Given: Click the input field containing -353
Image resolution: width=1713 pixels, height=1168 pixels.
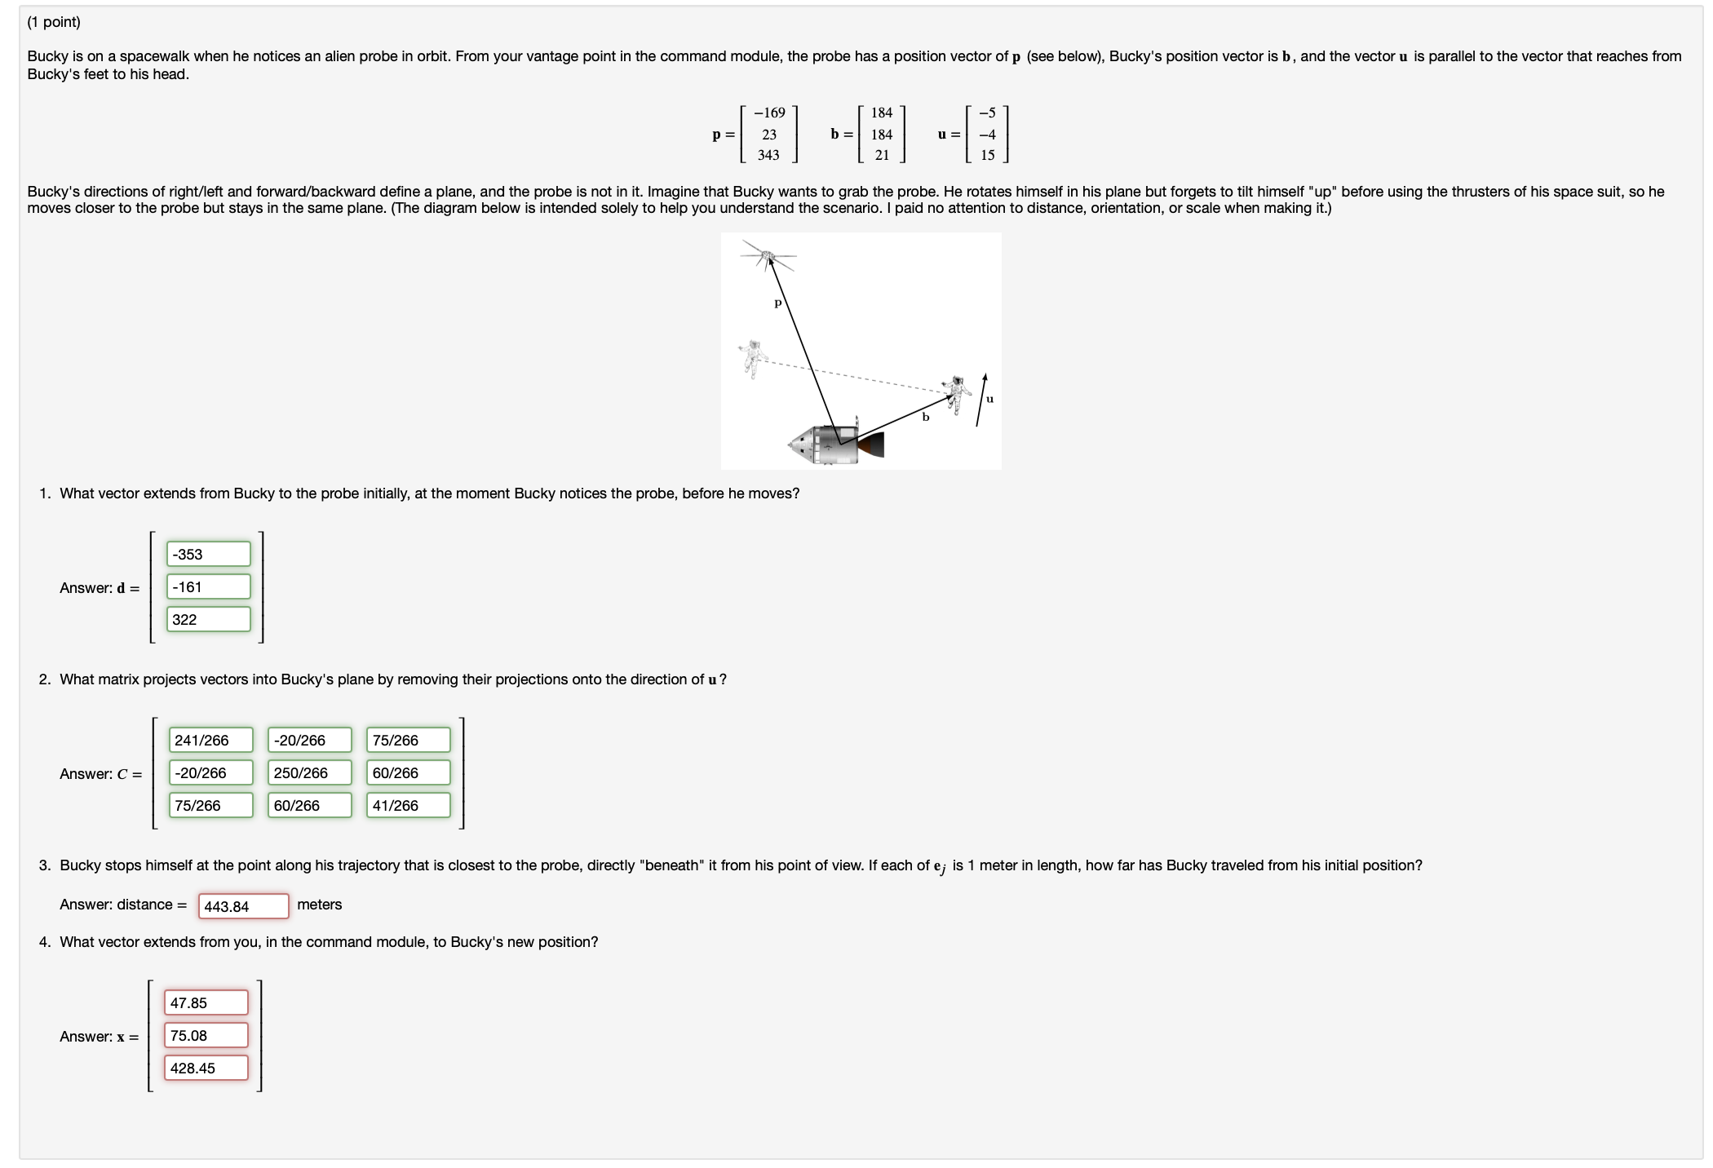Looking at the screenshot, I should click(x=208, y=554).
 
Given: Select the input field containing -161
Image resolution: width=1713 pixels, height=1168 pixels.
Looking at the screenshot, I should click(x=208, y=586).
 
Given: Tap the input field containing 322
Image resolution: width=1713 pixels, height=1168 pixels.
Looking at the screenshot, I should click(x=208, y=619).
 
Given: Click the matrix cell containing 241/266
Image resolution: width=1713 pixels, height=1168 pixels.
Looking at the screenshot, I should click(x=210, y=740).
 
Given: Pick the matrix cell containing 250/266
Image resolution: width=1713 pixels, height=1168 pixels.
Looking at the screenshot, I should click(x=309, y=772).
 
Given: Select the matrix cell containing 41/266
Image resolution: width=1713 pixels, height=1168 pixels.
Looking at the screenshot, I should click(x=408, y=805).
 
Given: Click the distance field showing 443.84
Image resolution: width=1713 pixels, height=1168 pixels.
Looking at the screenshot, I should click(x=243, y=906).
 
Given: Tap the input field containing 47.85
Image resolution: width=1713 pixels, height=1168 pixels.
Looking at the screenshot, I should click(x=206, y=1002).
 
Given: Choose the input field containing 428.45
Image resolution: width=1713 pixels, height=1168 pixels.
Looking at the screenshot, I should click(x=206, y=1068).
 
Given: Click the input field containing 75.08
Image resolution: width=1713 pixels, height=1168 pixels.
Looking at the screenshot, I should click(x=206, y=1035).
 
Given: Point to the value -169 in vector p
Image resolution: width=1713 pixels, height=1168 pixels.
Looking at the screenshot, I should click(x=768, y=113).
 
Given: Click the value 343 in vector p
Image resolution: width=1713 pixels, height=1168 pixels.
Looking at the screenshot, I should click(x=768, y=155).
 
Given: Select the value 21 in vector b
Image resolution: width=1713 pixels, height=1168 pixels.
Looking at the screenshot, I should click(x=882, y=155).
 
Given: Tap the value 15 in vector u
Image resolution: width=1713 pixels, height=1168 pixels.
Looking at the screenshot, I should click(x=987, y=155).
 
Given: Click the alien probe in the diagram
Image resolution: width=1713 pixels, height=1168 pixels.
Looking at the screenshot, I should click(x=768, y=258).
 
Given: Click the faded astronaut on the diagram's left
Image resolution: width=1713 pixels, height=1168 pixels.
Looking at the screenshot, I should click(x=752, y=358).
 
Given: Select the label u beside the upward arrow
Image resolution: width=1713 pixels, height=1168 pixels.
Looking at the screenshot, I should click(x=989, y=399).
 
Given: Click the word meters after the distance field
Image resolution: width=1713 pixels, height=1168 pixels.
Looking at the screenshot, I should click(x=319, y=905).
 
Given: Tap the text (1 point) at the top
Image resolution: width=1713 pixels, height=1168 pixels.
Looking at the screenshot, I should click(x=54, y=22).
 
